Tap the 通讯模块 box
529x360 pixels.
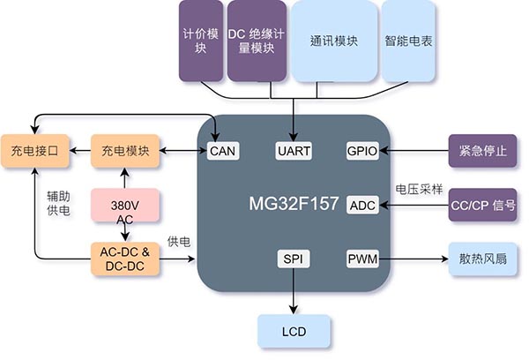point(333,41)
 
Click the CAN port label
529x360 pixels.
point(221,151)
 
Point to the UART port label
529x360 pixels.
point(293,151)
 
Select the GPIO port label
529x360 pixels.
point(362,151)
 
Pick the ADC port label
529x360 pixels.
point(362,205)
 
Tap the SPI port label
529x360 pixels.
point(292,259)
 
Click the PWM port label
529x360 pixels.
point(362,259)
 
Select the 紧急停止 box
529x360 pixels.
point(482,151)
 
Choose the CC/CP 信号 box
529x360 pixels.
point(482,205)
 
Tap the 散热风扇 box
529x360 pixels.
point(482,259)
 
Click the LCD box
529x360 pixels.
point(294,331)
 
